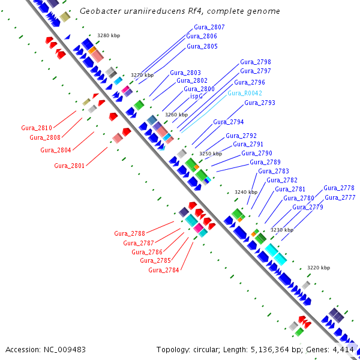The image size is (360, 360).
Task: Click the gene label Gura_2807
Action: pos(209,28)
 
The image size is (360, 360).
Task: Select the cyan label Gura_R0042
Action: pos(245,93)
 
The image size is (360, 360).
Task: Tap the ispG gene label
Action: pos(196,97)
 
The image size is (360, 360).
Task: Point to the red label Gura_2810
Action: pos(37,128)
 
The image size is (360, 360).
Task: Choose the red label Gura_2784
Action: pos(163,270)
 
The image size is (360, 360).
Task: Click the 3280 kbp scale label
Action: pos(109,35)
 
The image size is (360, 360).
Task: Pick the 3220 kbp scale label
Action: pos(319,268)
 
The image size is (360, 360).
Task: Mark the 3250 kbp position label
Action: pos(211,154)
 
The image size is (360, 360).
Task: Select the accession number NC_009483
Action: pos(65,350)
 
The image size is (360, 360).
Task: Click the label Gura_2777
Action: pos(340,197)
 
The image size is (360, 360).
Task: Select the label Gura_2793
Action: pos(260,103)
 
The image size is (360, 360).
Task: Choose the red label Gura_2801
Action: pos(70,166)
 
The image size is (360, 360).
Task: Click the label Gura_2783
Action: pos(274,171)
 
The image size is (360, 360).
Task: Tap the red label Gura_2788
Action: pos(130,234)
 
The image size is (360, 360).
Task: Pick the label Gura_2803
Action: pos(185,73)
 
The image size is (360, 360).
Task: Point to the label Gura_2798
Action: pos(256,62)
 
